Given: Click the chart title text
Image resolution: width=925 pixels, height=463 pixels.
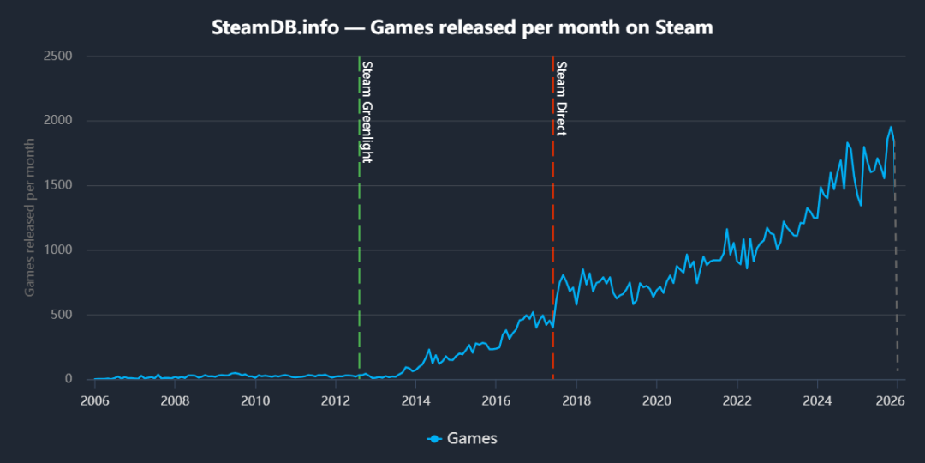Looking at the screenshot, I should (x=462, y=27).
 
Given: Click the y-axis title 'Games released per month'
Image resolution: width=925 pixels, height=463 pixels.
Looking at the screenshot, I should (x=29, y=218).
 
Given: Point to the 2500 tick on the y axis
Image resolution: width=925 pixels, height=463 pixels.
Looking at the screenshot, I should (x=57, y=57).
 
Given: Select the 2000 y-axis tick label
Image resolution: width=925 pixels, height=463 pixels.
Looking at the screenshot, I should (x=57, y=121).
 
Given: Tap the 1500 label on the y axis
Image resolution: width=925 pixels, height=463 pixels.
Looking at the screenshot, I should (x=57, y=185).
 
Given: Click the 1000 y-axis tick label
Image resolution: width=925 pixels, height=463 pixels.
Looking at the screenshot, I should (x=57, y=250).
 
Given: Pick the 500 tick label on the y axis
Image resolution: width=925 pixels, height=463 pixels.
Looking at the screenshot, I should (x=62, y=315).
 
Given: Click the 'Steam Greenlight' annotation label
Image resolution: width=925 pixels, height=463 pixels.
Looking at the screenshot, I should (x=367, y=111).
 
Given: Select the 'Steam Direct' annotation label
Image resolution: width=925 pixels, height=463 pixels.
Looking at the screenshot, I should (x=561, y=98).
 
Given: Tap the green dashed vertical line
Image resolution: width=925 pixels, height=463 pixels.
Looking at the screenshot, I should (x=359, y=257).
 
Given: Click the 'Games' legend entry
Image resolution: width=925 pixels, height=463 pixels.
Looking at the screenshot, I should (x=462, y=438).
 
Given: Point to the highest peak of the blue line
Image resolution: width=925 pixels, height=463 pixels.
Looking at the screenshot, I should (x=891, y=128).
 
